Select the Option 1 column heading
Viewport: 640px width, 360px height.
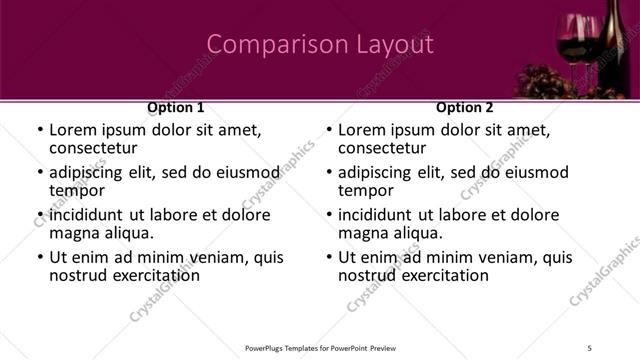point(176,107)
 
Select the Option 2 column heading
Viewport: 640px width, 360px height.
point(465,107)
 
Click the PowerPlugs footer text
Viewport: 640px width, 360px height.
point(320,348)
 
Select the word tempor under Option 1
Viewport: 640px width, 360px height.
point(76,190)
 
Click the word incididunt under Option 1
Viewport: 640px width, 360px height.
point(86,215)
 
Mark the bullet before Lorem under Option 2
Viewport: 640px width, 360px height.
point(328,131)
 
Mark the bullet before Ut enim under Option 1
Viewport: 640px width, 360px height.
point(39,258)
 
